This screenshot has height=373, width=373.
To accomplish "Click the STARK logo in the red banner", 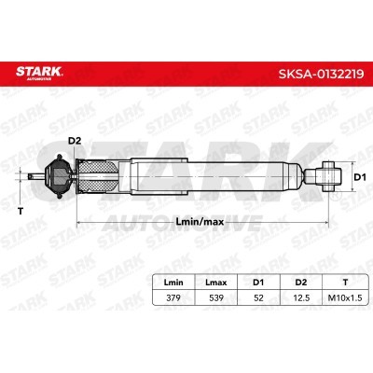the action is coord(39,73).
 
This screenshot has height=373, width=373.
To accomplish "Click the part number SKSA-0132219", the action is coord(321,74).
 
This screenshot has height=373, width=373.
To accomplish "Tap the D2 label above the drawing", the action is coord(75,141).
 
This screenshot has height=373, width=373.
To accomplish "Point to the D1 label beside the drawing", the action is coord(360,177).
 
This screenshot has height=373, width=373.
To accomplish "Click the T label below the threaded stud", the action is coord(21,212).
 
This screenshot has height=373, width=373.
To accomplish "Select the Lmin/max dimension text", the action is coord(200,222).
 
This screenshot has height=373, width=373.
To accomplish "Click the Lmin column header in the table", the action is coord(173,283).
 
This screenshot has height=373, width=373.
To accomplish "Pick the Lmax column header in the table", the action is coord(216,283).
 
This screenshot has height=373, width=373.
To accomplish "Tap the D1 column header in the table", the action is coord(258,283).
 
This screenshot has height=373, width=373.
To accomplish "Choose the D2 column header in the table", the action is coord(301,283).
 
